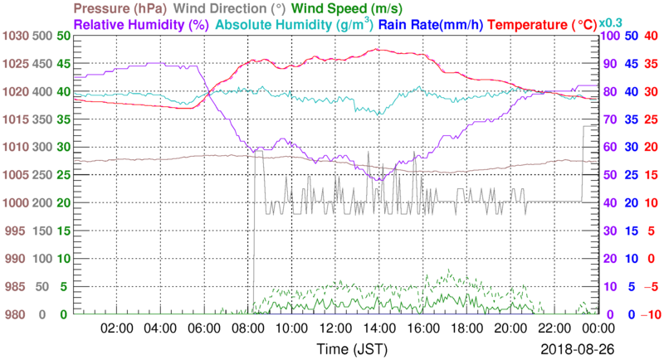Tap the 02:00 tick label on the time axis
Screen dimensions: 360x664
(117, 328)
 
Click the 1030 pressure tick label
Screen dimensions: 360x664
(16, 36)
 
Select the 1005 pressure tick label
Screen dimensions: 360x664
(16, 175)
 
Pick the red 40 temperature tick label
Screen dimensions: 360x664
(650, 36)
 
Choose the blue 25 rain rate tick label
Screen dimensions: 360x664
(630, 175)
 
